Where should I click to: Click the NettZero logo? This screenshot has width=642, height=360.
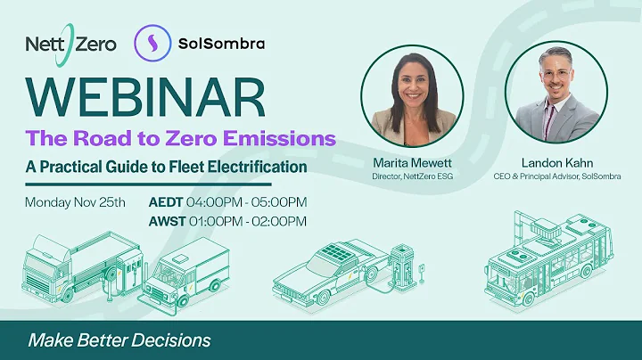(x=71, y=42)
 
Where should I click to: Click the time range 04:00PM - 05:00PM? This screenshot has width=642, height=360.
(x=244, y=202)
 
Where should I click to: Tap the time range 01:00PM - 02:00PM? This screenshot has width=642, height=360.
(x=244, y=221)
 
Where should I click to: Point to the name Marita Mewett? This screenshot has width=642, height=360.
(x=411, y=163)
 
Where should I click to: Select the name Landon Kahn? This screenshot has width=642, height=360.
(x=556, y=163)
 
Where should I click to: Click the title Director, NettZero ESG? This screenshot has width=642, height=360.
(x=411, y=176)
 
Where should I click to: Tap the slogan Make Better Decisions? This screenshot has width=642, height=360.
(x=119, y=340)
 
